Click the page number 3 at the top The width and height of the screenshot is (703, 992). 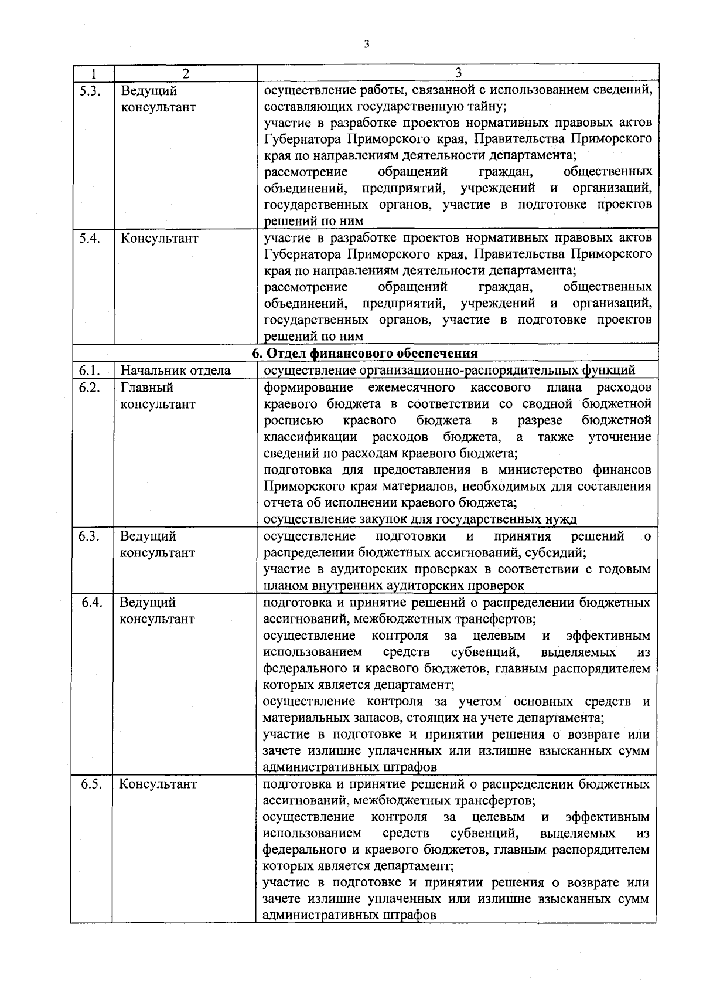366,45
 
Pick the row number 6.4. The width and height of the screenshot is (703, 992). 92,603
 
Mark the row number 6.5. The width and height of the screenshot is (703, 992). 92,784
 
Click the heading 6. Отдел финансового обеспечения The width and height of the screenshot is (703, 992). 364,354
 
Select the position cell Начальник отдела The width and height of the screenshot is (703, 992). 175,371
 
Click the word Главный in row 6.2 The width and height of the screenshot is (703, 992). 147,388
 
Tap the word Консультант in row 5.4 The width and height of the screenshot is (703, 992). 159,239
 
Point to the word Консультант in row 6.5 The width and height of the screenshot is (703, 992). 158,784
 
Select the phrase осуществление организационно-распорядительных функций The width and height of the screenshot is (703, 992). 449,371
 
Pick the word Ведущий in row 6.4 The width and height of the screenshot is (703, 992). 148,603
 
